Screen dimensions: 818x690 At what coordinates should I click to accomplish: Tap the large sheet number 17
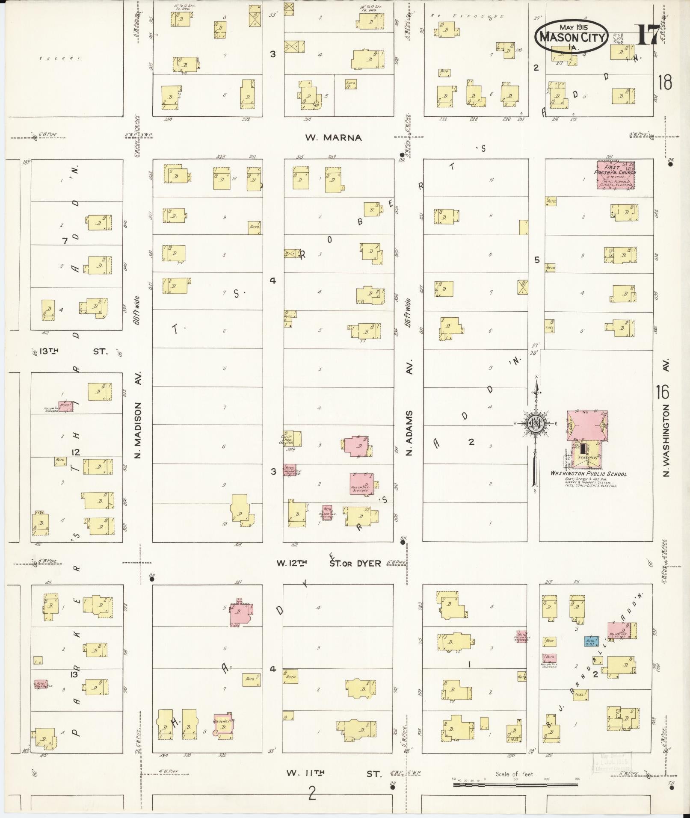click(x=648, y=35)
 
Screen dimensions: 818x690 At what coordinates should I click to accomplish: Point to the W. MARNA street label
click(x=334, y=138)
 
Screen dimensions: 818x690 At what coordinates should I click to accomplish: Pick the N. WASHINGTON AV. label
click(x=666, y=418)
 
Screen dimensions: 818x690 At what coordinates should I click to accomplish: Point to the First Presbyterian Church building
click(x=616, y=174)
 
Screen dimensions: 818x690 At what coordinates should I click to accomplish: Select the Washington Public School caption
click(x=588, y=474)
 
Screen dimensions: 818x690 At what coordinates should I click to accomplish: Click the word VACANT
click(x=60, y=58)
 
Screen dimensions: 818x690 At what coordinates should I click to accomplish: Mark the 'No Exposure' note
click(x=467, y=16)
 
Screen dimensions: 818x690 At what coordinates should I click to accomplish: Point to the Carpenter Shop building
click(x=293, y=438)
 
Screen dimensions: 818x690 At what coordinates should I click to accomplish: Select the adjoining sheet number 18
click(x=665, y=82)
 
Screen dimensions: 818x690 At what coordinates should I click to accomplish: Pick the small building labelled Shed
click(x=351, y=84)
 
